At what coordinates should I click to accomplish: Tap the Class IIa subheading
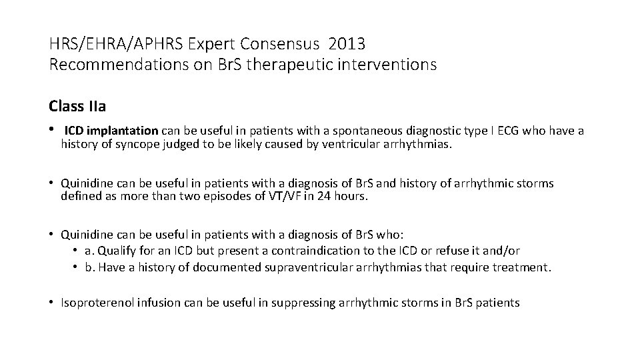[x=77, y=106]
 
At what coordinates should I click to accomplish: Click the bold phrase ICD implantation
[x=111, y=131]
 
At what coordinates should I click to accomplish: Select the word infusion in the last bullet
[x=161, y=303]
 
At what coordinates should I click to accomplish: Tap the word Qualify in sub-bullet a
[x=114, y=250]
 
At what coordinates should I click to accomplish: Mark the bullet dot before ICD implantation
[x=51, y=129]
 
